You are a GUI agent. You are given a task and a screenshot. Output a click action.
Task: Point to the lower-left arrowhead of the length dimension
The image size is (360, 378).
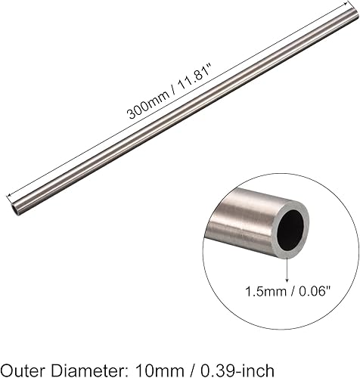11,191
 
